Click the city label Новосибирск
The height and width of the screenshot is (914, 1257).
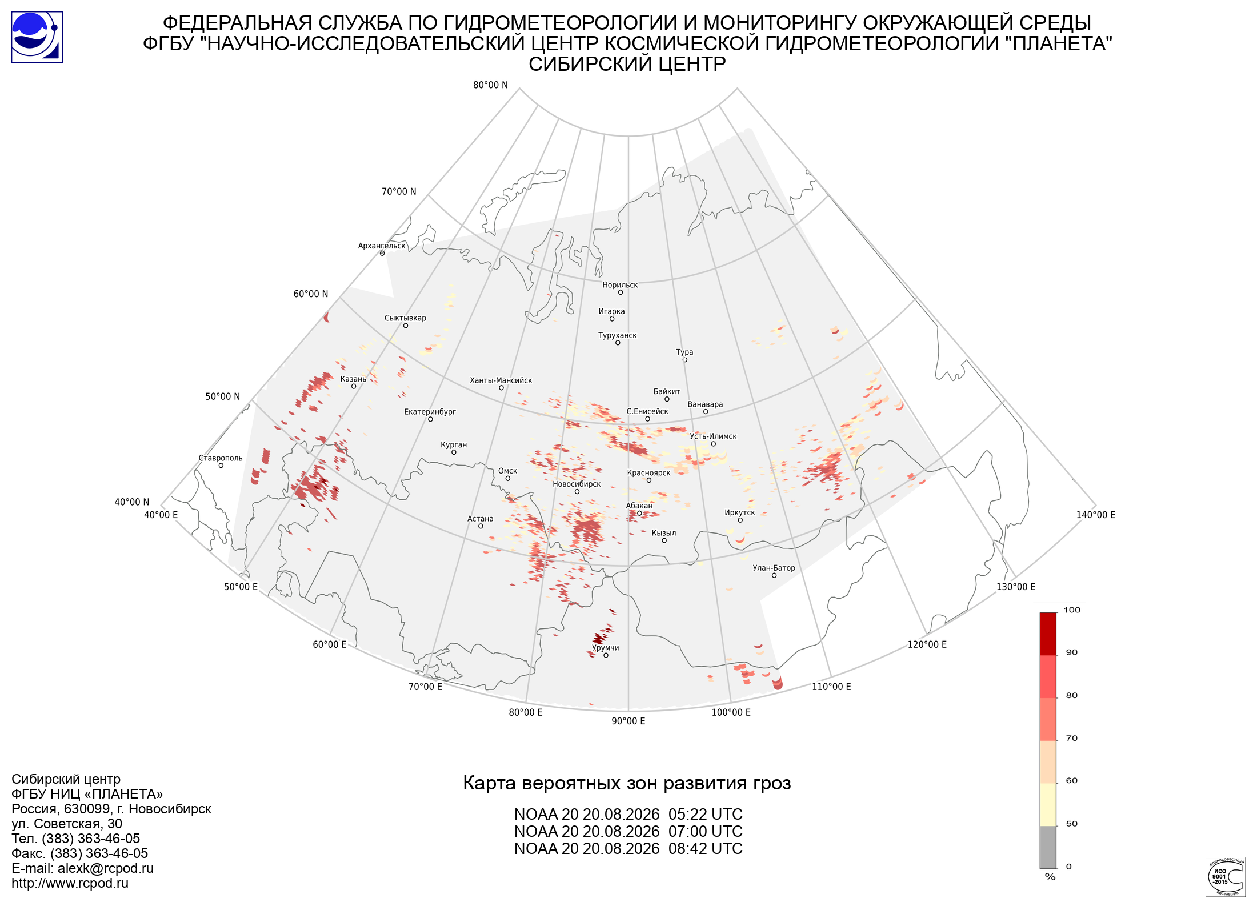tap(577, 484)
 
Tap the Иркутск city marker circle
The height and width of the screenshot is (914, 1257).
tap(740, 520)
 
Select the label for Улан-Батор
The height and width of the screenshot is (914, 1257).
tap(774, 568)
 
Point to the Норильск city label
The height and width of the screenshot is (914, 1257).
tap(620, 285)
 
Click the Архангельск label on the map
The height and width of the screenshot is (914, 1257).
tap(382, 246)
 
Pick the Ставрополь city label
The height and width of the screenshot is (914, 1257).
tap(221, 458)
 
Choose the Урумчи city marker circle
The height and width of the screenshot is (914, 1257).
tap(606, 655)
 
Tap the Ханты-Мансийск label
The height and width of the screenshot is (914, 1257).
tap(501, 380)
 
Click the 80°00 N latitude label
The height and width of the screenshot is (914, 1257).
tap(490, 85)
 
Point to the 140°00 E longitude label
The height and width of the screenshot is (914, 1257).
tap(1096, 515)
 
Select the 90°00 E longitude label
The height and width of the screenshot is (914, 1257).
tap(628, 721)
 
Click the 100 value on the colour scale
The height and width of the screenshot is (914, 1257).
tap(1072, 610)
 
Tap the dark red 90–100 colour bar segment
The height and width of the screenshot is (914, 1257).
tap(1048, 634)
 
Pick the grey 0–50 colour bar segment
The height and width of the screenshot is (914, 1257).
tap(1048, 847)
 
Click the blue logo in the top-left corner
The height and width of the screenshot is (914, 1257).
tap(37, 37)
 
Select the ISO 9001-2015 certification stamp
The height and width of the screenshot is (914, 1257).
tap(1226, 876)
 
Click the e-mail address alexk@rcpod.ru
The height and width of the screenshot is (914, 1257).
tap(106, 868)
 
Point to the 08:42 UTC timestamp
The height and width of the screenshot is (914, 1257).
tap(706, 849)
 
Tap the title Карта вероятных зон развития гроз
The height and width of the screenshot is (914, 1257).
tap(627, 783)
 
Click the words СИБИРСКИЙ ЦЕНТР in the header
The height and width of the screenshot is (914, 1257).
tap(627, 64)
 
